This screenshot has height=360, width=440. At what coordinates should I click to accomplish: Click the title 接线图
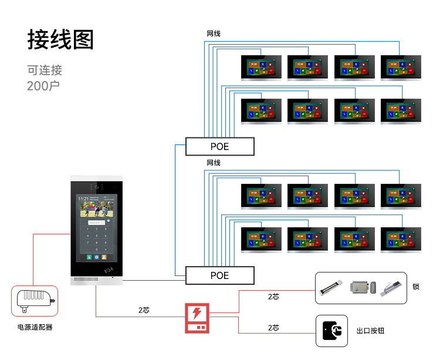60,39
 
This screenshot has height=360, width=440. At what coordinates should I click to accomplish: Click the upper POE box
220,146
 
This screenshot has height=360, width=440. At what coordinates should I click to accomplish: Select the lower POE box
220,275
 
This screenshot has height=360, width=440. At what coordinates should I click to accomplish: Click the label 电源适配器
35,327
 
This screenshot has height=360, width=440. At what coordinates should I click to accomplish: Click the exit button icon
332,331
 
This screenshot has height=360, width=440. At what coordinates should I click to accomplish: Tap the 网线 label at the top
214,34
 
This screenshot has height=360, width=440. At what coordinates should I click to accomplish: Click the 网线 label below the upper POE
214,163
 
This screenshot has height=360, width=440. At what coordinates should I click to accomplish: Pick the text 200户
43,86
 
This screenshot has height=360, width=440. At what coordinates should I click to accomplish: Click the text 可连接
45,70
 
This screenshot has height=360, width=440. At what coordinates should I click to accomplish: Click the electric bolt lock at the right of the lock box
392,287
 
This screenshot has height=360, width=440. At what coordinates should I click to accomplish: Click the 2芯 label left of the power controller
144,309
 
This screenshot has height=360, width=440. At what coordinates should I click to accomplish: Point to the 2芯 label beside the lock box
273,297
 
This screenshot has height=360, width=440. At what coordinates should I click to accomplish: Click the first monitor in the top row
261,67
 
